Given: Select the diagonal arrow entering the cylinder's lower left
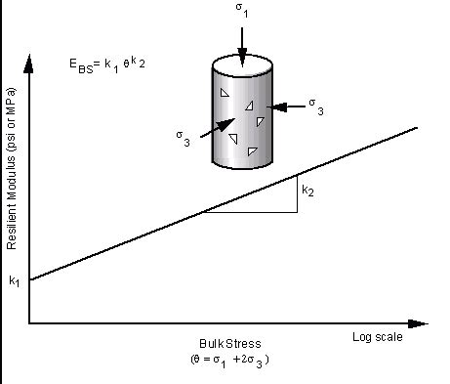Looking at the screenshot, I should pos(220,128).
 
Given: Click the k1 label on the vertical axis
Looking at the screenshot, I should pos(14,281).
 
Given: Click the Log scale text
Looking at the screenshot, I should pos(376,337).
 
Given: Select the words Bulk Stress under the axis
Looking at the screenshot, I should pos(230,345).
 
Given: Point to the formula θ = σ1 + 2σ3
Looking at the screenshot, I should pos(230,361).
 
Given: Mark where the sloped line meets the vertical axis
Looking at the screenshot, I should pos(29,281).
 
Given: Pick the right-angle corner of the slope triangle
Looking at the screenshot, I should pos(297,211).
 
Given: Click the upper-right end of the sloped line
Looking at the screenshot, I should pos(419,127).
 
